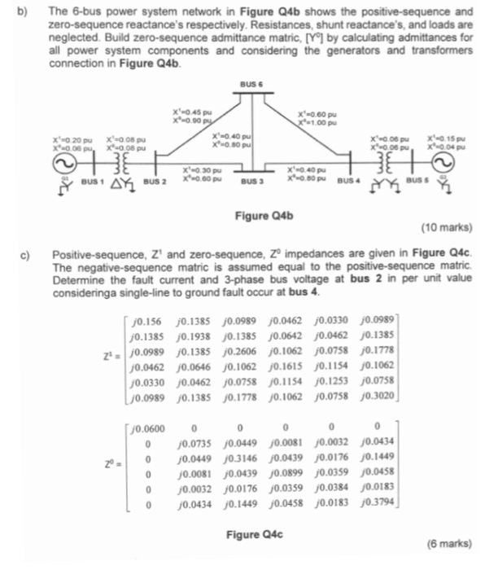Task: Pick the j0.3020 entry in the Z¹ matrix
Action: click(381, 397)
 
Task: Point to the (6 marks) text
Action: click(449, 542)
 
